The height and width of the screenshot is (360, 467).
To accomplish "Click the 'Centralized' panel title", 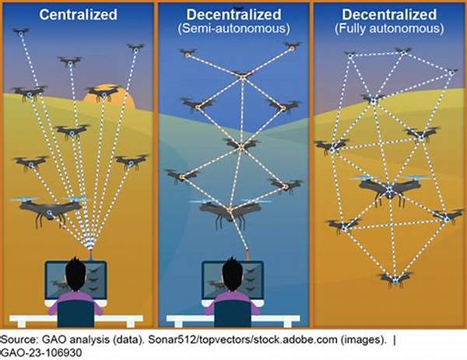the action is pos(78,15).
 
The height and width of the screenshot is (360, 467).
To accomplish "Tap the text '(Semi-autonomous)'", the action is pos(233,29).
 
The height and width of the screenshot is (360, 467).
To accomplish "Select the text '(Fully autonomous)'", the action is pos(389,29).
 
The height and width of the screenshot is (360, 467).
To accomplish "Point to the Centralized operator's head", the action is pos(75,274).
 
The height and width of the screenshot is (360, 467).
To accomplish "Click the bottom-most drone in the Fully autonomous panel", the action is pos(395,279).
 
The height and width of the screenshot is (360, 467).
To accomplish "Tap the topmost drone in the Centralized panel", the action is pos(21,32).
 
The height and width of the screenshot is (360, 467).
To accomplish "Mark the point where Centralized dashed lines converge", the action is pos(90,243).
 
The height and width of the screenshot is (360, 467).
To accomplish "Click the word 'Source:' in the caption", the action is pos(19,340).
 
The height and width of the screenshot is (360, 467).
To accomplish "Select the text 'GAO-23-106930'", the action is pos(42,353).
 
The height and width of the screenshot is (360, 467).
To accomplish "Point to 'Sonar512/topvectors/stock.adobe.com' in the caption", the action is pos(243,340).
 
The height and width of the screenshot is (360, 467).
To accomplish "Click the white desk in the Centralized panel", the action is pos(76,320).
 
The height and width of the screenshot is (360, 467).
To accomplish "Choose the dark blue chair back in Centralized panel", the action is pos(76,313).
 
